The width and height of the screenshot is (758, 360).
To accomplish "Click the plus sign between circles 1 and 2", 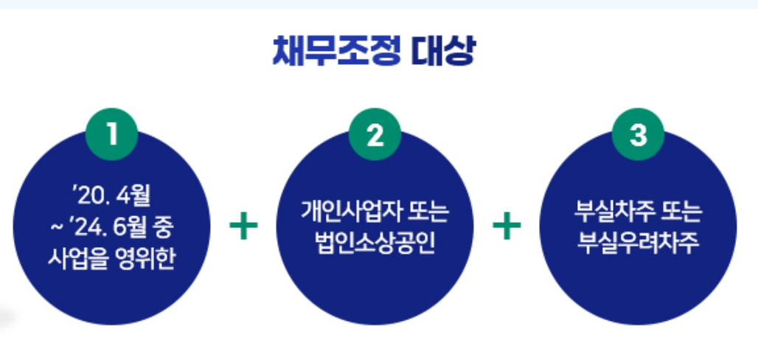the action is (243, 227).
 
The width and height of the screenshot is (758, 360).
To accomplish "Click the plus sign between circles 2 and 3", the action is (507, 227).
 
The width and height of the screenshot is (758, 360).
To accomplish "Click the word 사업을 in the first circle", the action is (72, 260).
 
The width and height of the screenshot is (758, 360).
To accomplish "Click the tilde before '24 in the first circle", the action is (57, 229).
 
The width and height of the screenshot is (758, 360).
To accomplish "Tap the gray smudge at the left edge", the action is (6, 318).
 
